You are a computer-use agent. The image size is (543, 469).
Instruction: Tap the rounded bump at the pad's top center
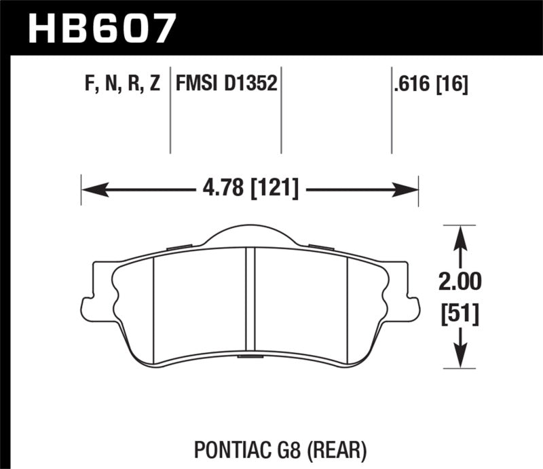[249, 234]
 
